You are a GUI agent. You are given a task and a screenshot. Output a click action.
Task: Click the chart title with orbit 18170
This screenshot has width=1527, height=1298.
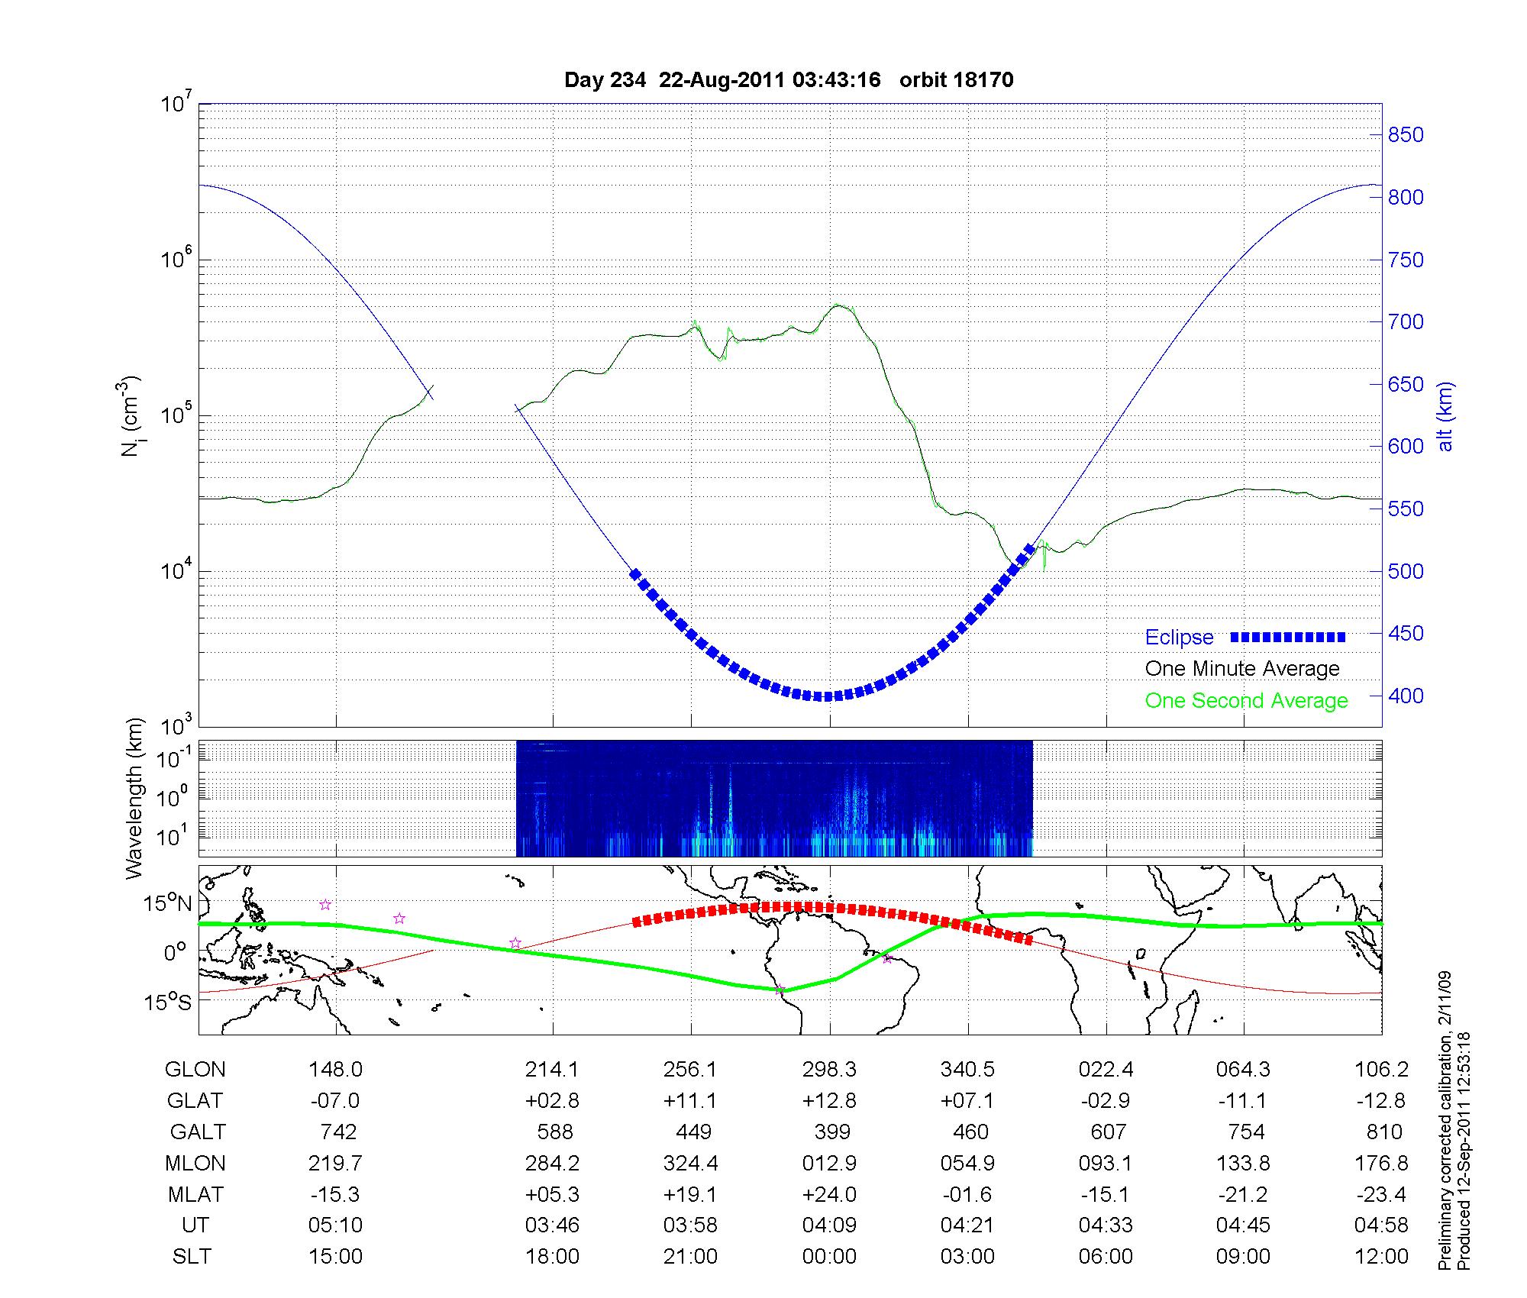pos(789,80)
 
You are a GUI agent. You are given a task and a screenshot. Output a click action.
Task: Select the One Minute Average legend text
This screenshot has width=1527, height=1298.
pos(1242,669)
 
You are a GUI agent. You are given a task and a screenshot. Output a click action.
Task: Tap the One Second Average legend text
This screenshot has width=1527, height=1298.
pos(1246,701)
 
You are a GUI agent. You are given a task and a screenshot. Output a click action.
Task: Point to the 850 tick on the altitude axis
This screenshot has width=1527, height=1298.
pos(1406,135)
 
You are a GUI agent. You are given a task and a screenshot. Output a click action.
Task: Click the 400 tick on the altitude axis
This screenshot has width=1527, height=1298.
pos(1406,696)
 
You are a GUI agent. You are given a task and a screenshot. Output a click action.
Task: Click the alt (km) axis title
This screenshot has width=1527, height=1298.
pos(1445,416)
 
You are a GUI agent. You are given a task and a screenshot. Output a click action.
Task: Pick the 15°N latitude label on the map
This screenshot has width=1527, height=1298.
pos(168,904)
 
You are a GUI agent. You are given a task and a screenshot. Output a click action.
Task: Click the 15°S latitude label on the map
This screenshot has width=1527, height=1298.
pos(168,1002)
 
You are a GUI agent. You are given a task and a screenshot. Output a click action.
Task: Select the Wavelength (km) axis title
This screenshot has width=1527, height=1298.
pos(134,798)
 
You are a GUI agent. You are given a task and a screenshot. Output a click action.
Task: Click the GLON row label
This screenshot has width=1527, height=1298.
pos(195,1070)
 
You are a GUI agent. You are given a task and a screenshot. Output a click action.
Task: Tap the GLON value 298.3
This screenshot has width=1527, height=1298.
pos(829,1070)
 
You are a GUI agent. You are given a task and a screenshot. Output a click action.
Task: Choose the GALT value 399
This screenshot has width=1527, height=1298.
pos(831,1132)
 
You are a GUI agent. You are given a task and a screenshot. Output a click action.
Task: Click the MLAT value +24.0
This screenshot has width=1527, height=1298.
pos(829,1194)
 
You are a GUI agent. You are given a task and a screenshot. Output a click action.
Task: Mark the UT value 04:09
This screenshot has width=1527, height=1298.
pos(829,1225)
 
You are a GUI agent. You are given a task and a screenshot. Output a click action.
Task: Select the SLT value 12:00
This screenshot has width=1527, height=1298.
pos(1381,1257)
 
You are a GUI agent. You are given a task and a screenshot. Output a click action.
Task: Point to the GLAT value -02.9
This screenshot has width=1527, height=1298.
pos(1106,1101)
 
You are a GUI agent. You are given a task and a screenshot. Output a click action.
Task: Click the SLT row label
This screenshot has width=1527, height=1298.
pos(192,1257)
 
